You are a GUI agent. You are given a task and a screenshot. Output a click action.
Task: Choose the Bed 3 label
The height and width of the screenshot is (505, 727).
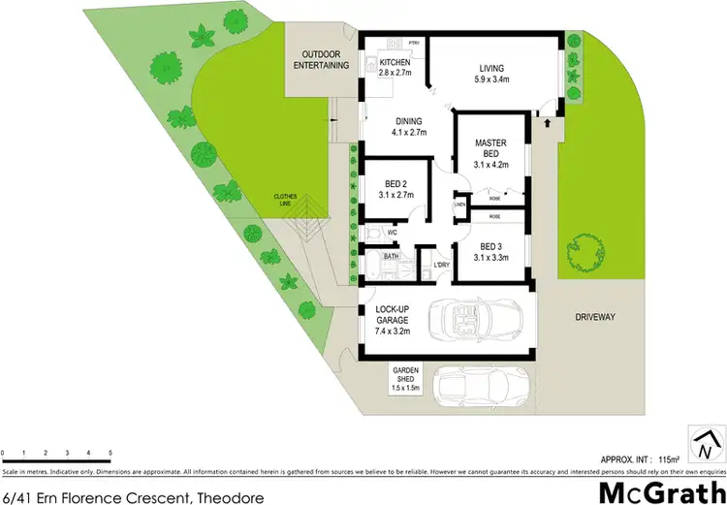pos(490,252)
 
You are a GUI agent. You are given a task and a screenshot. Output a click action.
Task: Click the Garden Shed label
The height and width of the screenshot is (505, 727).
pos(404,378)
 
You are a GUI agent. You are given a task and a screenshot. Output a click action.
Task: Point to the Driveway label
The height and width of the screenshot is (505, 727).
pos(595,317)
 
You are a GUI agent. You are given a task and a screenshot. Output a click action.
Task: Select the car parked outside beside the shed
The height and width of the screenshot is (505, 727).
pos(483,388)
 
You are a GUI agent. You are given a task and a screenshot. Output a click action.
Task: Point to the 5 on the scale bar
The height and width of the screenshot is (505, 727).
pos(111,454)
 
